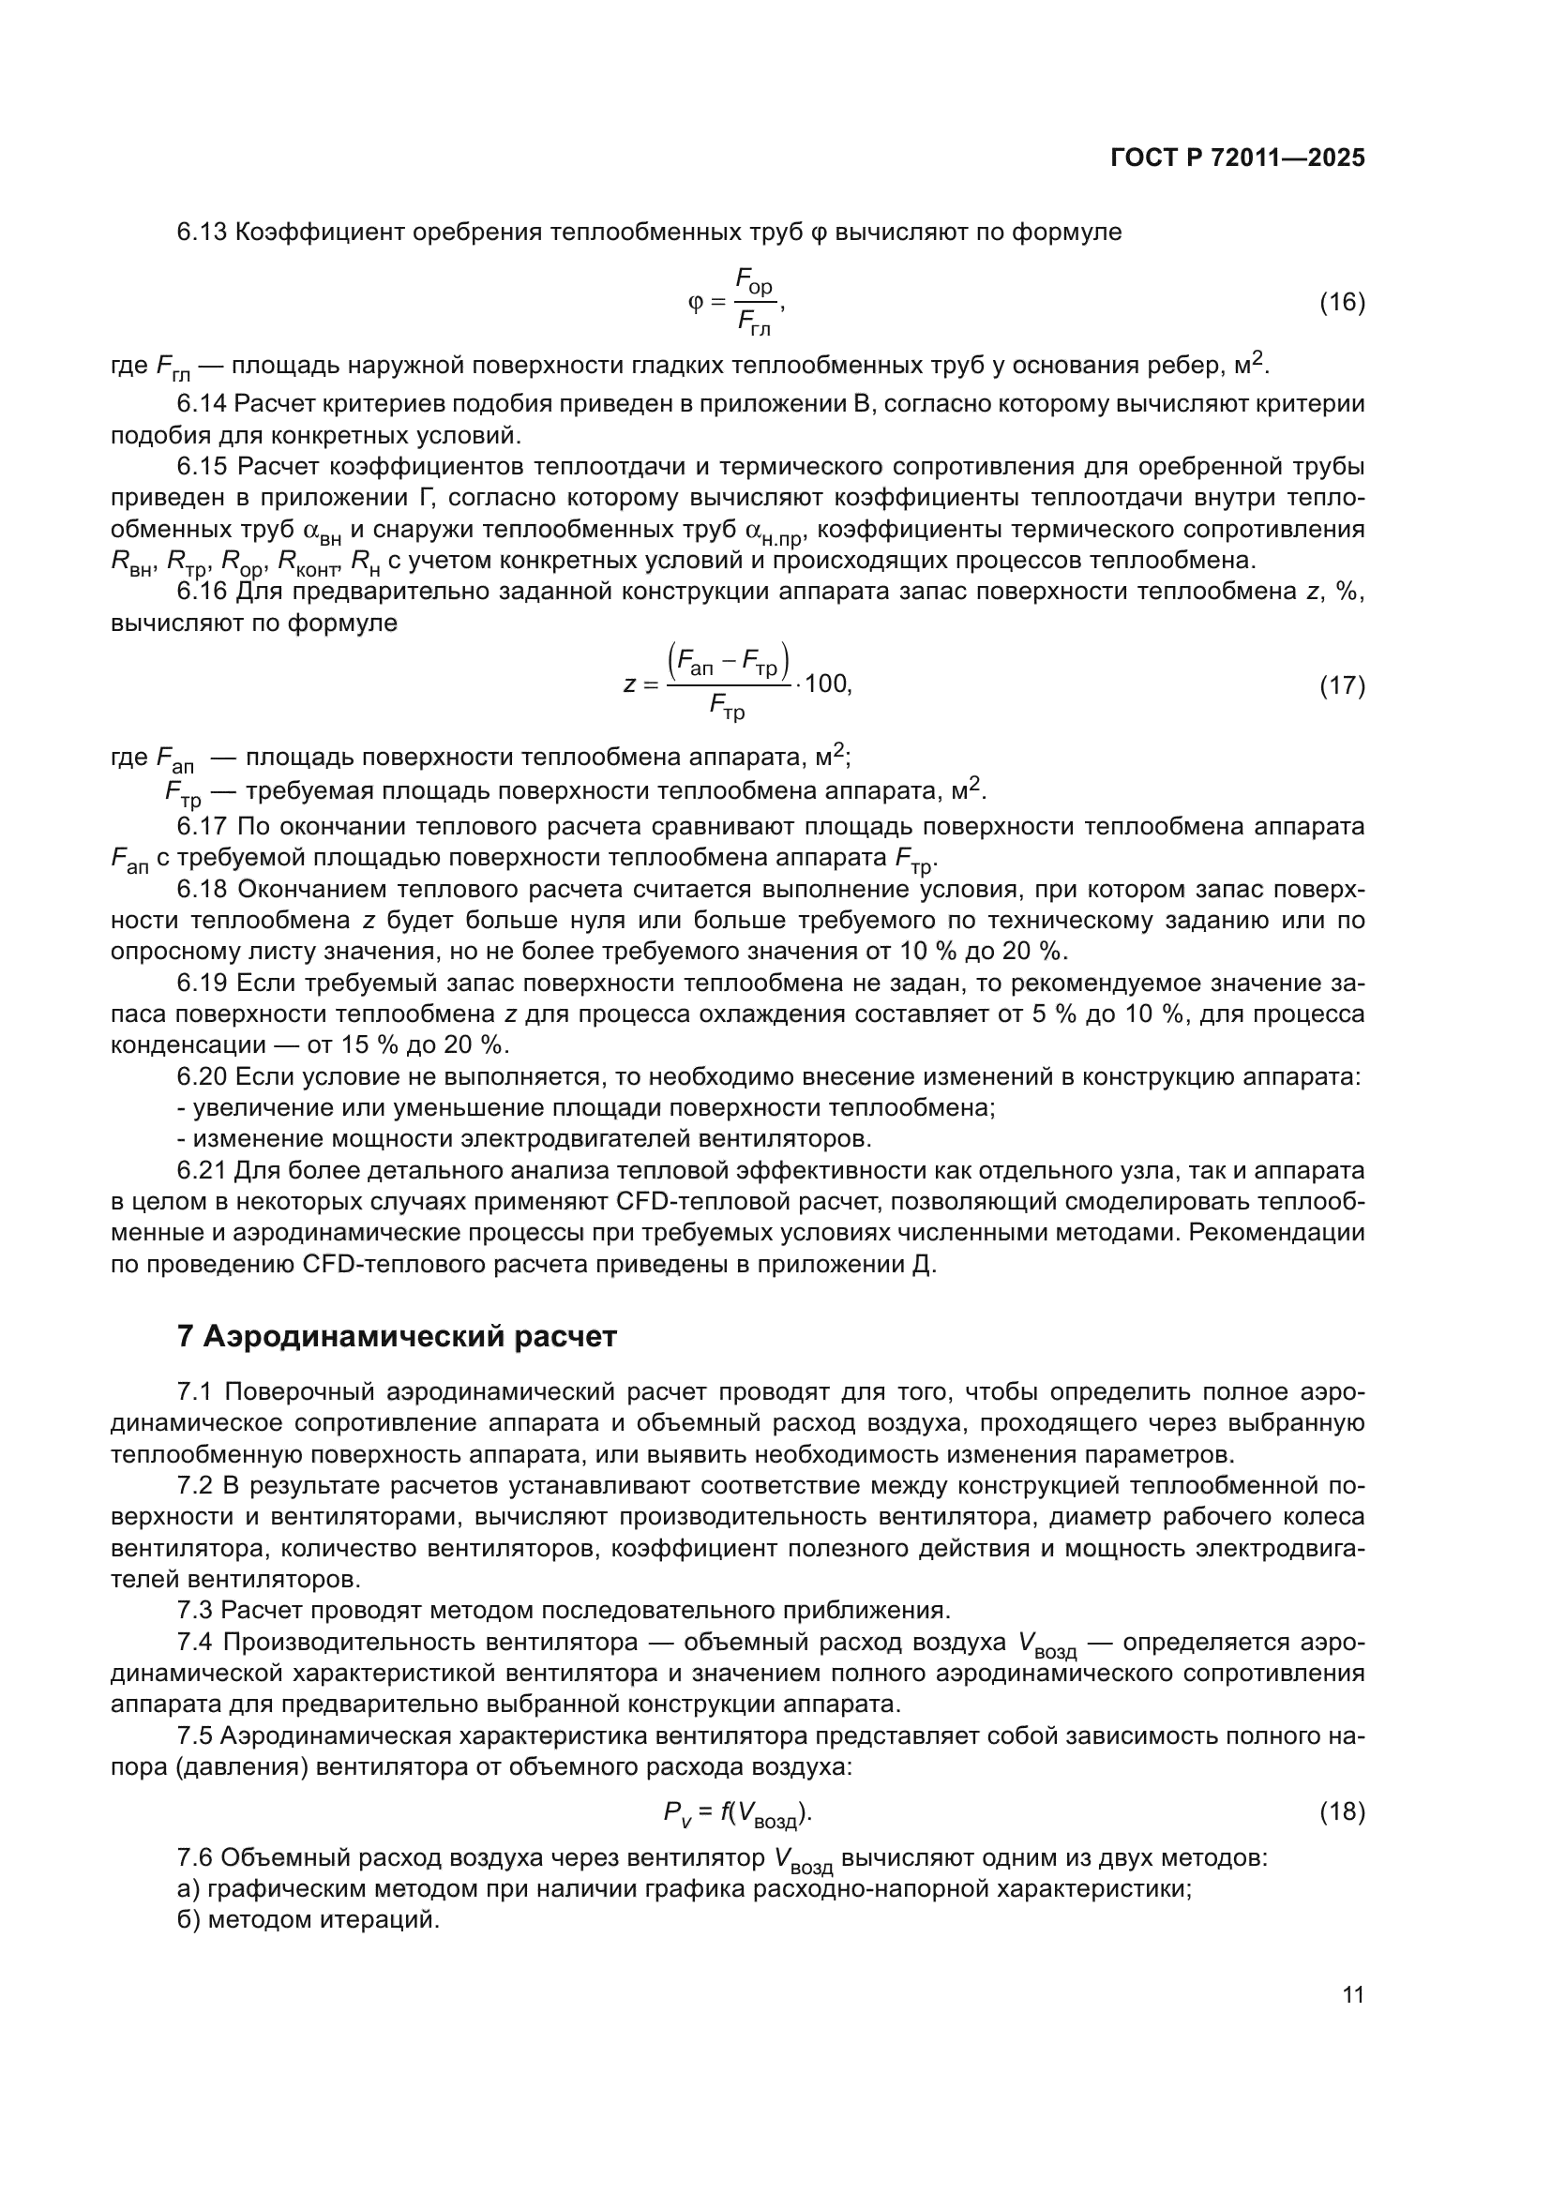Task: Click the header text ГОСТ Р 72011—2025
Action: coord(1238,158)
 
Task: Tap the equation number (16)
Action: coord(1342,303)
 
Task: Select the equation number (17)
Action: coord(1342,684)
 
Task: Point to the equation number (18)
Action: coord(1342,1812)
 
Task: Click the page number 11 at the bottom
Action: coord(1352,1995)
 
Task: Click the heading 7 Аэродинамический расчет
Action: coord(397,1336)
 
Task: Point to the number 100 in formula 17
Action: coord(826,684)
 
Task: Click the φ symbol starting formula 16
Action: coord(695,304)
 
